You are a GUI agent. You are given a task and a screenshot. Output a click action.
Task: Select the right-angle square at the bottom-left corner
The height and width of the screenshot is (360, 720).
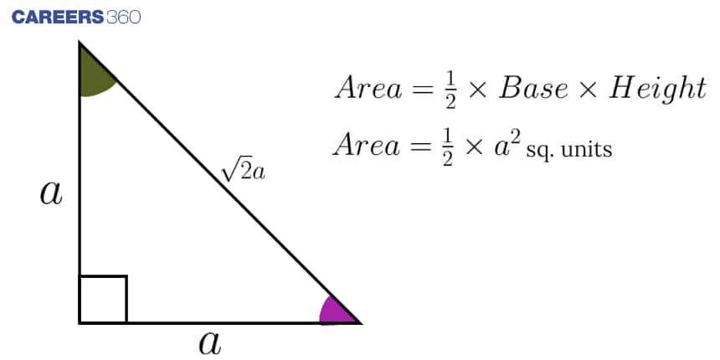[x=103, y=299]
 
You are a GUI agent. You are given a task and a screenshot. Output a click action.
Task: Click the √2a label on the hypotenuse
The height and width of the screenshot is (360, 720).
[x=243, y=172]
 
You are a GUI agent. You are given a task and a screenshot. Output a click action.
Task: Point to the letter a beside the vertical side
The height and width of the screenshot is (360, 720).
[x=51, y=193]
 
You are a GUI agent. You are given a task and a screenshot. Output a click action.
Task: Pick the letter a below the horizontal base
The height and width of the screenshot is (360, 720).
[x=210, y=342]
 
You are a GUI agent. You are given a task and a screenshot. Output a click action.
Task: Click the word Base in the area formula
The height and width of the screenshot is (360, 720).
[x=533, y=88]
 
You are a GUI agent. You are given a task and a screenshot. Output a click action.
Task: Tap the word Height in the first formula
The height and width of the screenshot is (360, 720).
[x=657, y=89]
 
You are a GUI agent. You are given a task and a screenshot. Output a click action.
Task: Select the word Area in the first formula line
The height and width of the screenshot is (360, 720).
[x=368, y=88]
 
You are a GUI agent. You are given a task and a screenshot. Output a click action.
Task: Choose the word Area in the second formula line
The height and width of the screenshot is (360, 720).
[x=367, y=145]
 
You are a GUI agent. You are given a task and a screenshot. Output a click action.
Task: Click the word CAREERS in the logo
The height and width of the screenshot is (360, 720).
[x=58, y=18]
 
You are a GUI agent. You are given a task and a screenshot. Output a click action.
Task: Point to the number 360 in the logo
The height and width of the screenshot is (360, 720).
[x=123, y=18]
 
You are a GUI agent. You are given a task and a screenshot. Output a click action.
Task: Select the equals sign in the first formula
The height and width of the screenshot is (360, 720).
[x=423, y=89]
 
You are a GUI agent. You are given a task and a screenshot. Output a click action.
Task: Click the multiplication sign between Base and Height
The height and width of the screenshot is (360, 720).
[x=589, y=90]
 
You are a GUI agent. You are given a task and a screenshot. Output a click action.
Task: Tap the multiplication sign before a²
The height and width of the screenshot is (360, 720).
[x=474, y=147]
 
